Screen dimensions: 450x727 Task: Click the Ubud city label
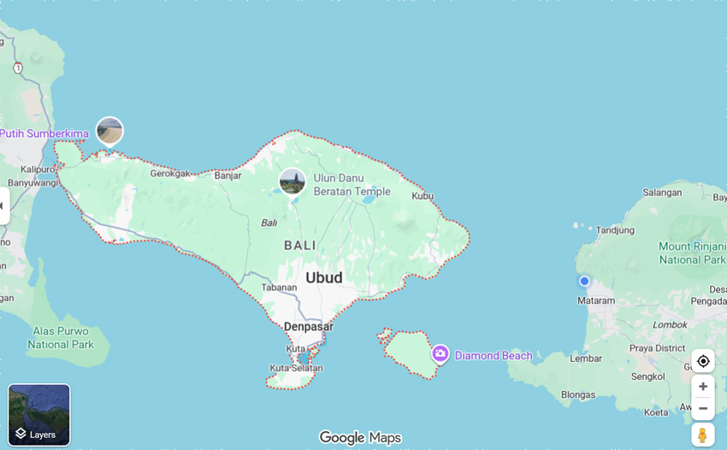coord(324,278)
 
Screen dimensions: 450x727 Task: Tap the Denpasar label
coord(308,327)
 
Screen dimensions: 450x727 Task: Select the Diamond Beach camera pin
coord(440,353)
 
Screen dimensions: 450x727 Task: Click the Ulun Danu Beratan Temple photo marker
coord(293,181)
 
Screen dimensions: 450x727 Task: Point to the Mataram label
coord(595,301)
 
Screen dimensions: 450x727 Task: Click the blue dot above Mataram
coord(584,281)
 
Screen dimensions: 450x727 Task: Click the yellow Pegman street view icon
coord(702,435)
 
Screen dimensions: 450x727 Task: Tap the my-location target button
coord(703,361)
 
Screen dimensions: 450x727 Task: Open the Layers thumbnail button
coord(39,415)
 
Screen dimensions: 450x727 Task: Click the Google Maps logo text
coord(359,437)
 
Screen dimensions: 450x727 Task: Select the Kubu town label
coord(423,196)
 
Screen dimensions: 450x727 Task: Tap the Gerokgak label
coord(170,173)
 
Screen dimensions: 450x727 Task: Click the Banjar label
coord(228,176)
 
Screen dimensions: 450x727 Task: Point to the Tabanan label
coord(278,288)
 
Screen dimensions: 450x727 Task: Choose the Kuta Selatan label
coord(296,368)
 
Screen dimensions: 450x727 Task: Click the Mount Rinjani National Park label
coord(691,253)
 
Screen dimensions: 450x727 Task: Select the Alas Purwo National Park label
coord(60,338)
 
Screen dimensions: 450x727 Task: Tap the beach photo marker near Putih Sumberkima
coord(109,131)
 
